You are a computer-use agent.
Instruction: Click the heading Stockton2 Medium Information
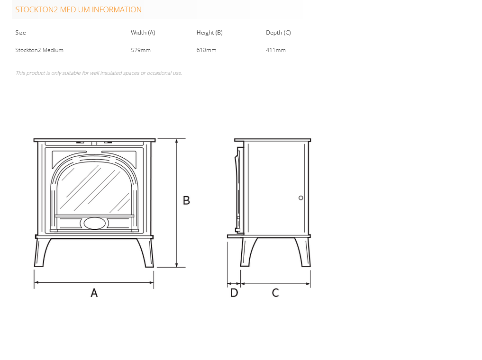pyautogui.click(x=78, y=9)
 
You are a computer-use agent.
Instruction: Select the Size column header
pyautogui.click(x=20, y=33)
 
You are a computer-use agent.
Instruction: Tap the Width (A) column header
pyautogui.click(x=143, y=33)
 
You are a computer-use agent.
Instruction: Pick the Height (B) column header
pyautogui.click(x=209, y=33)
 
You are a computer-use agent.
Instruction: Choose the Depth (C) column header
pyautogui.click(x=278, y=33)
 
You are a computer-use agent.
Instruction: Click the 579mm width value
pyautogui.click(x=140, y=50)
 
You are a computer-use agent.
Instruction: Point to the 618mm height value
pyautogui.click(x=206, y=50)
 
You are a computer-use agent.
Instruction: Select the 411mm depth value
pyautogui.click(x=275, y=50)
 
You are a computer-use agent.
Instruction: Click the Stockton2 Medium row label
pyautogui.click(x=39, y=50)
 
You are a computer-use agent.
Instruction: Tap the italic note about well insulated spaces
pyautogui.click(x=99, y=73)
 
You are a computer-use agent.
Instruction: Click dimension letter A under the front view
pyautogui.click(x=94, y=293)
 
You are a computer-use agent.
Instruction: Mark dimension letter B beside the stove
pyautogui.click(x=186, y=200)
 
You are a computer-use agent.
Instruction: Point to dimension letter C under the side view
pyautogui.click(x=275, y=293)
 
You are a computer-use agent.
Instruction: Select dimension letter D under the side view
pyautogui.click(x=234, y=293)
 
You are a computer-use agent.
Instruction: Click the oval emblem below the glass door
pyautogui.click(x=95, y=223)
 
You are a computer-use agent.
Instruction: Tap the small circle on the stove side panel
pyautogui.click(x=300, y=198)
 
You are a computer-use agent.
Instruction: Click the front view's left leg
pyautogui.click(x=41, y=252)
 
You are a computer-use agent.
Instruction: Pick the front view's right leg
pyautogui.click(x=147, y=252)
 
